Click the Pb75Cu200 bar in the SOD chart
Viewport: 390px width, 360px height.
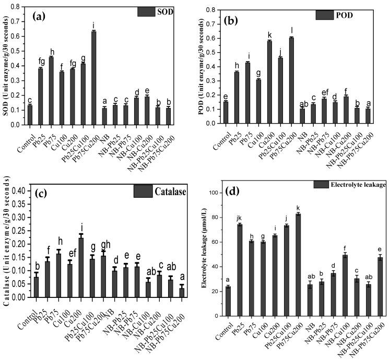click(93, 78)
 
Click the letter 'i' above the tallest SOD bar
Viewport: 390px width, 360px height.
click(93, 25)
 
